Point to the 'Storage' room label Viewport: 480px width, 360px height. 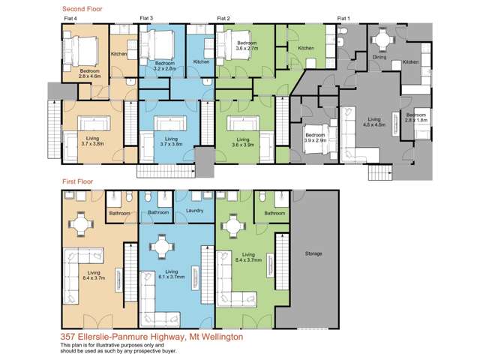313,253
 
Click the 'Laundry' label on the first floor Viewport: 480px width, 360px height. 195,212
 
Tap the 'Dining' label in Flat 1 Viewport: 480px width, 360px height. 379,55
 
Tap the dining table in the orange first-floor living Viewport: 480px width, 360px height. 79,223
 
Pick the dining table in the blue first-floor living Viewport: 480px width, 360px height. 162,245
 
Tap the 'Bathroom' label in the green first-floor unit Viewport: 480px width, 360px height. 274,213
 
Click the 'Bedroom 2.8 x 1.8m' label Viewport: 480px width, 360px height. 416,117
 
